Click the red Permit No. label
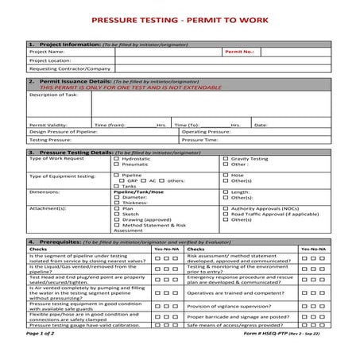click(x=239, y=51)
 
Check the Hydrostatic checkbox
click(x=117, y=158)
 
